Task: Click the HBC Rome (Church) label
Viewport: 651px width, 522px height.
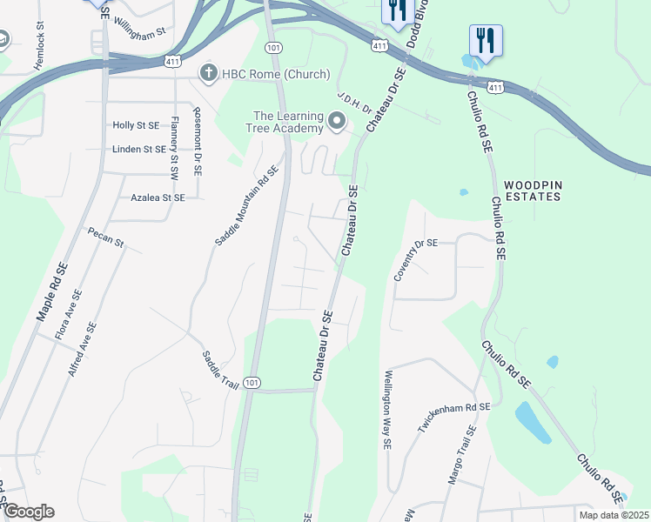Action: pyautogui.click(x=275, y=73)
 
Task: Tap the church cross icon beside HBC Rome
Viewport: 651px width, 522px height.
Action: pyautogui.click(x=208, y=73)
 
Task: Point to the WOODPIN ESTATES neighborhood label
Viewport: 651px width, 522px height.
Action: pyautogui.click(x=531, y=191)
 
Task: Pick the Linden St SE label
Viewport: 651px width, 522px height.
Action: pyautogui.click(x=139, y=149)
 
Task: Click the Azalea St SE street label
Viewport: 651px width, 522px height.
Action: pyautogui.click(x=158, y=197)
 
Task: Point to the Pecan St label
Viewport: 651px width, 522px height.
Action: pyautogui.click(x=105, y=237)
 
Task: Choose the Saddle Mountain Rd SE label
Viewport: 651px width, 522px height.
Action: pyautogui.click(x=246, y=205)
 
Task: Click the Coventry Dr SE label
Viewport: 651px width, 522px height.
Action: pyautogui.click(x=414, y=258)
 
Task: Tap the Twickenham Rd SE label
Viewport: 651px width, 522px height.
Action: pyautogui.click(x=453, y=419)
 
